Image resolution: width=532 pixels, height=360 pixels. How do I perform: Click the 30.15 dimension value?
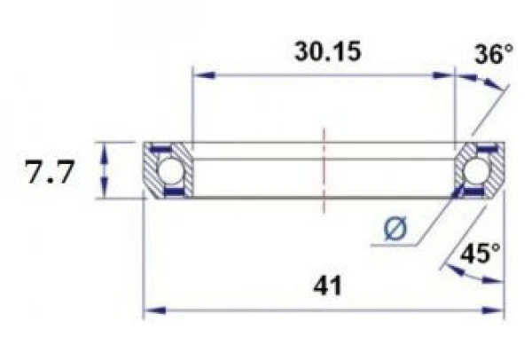pyautogui.click(x=324, y=52)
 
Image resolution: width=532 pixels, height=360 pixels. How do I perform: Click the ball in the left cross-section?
pyautogui.click(x=168, y=169)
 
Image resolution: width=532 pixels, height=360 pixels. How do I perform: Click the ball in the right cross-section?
pyautogui.click(x=480, y=169)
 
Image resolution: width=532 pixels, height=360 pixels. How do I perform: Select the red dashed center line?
pyautogui.click(x=325, y=168)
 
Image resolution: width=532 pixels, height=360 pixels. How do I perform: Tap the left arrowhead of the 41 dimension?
pyautogui.click(x=152, y=310)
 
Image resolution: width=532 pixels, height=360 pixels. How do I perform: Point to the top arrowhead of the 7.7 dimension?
pyautogui.click(x=106, y=148)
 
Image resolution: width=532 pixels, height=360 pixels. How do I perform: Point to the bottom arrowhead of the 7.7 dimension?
pyautogui.click(x=106, y=191)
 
